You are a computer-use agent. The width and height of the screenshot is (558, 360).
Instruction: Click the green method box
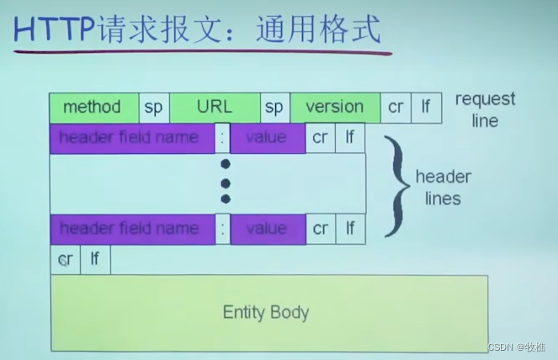(93, 108)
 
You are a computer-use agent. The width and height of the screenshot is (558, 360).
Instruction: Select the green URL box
(215, 108)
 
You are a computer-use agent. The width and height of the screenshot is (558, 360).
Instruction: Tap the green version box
(334, 108)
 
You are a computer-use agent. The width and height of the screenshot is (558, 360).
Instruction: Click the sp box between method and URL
(153, 108)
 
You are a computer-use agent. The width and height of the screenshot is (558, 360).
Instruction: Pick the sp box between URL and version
(274, 108)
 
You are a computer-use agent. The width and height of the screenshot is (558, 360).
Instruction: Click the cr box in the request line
(396, 108)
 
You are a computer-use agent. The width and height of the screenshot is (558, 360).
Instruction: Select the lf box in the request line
(426, 108)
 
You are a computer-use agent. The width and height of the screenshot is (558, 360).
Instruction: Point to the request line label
(485, 109)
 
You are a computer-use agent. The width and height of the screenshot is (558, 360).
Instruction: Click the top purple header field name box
(131, 137)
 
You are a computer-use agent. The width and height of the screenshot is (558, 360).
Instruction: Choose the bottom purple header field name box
(131, 229)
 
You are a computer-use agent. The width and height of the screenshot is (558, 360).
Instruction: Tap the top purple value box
(267, 137)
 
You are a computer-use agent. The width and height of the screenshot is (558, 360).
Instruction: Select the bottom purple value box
(267, 229)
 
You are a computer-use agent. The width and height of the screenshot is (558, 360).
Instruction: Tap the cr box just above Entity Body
(65, 260)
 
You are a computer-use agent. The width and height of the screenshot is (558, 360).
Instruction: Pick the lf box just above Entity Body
(95, 260)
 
